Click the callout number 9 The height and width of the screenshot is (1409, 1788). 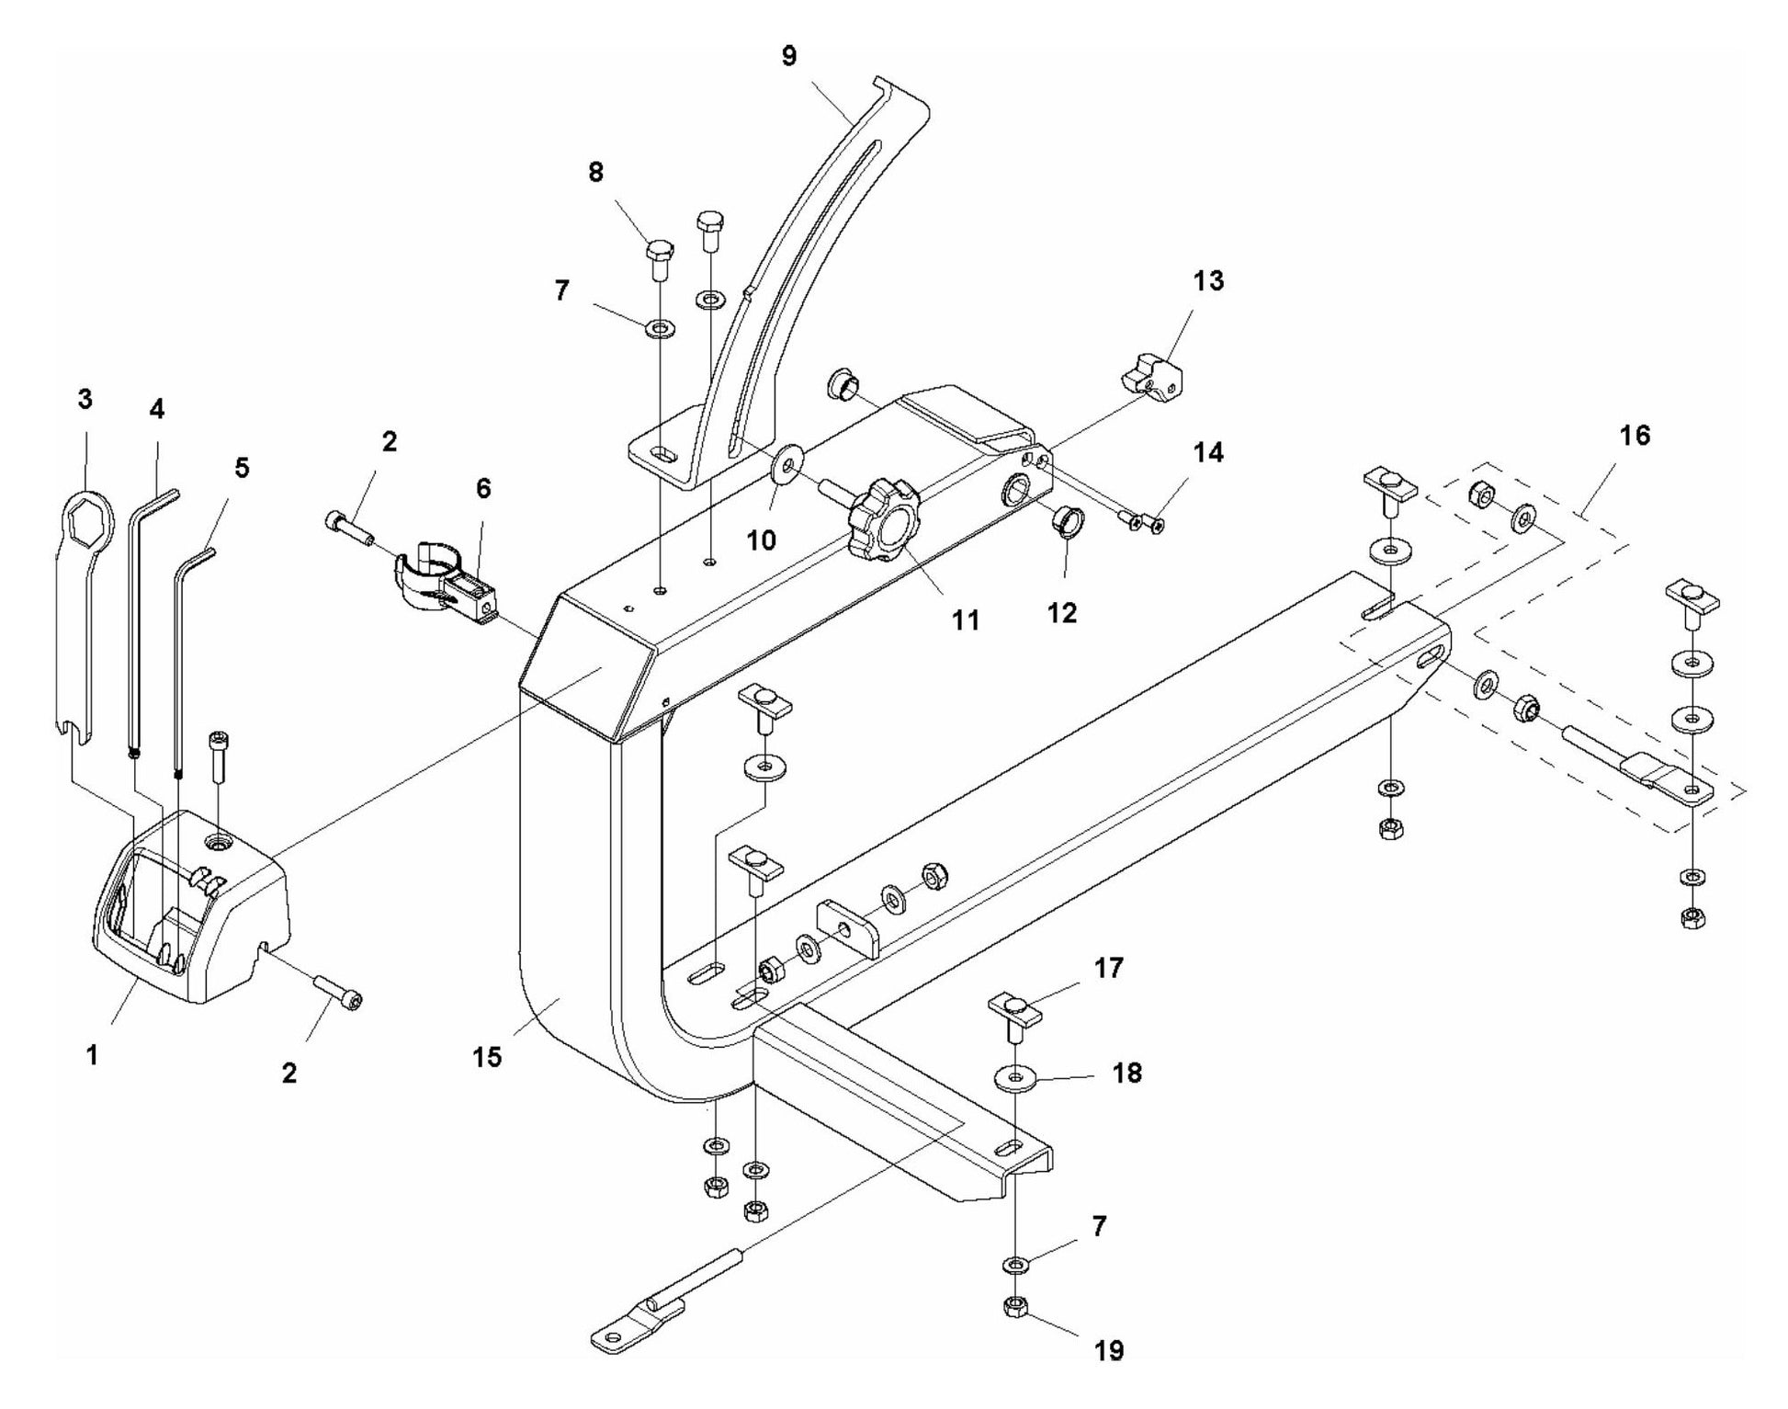788,56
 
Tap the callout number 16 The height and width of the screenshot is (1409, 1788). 1634,435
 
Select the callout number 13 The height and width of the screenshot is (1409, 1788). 1208,281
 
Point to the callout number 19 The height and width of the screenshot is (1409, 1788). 1110,1350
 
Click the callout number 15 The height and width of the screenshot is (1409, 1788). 488,1057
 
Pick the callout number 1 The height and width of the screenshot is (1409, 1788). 92,1056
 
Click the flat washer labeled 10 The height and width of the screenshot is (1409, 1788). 788,462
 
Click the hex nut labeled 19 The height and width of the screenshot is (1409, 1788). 1014,1306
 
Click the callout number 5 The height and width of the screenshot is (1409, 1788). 241,467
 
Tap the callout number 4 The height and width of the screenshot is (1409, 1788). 157,409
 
